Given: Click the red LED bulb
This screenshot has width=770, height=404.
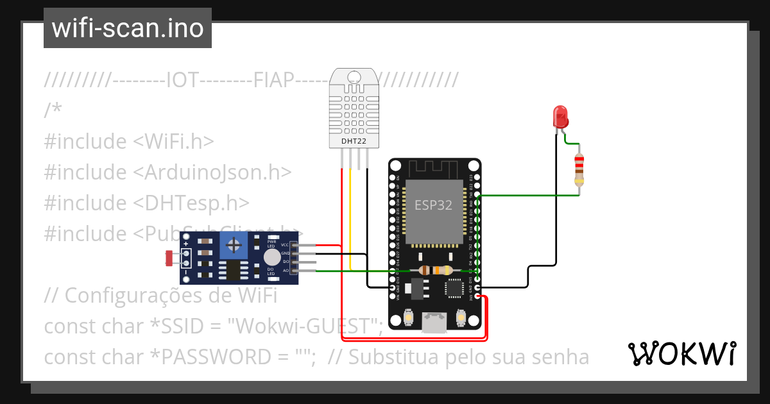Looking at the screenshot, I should pyautogui.click(x=560, y=117).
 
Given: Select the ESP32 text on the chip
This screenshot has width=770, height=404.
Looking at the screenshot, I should pyautogui.click(x=433, y=205).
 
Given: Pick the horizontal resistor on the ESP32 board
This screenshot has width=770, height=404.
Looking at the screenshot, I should pyautogui.click(x=435, y=271).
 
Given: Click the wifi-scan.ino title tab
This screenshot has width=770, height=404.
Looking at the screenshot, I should pyautogui.click(x=128, y=28).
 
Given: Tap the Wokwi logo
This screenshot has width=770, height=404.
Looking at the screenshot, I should pyautogui.click(x=681, y=353).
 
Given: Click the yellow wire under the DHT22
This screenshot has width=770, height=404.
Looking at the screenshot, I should pyautogui.click(x=350, y=218).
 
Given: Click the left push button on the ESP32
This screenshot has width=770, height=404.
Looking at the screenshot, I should pyautogui.click(x=409, y=317).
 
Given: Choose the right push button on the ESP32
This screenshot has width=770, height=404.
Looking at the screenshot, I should pyautogui.click(x=461, y=317).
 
